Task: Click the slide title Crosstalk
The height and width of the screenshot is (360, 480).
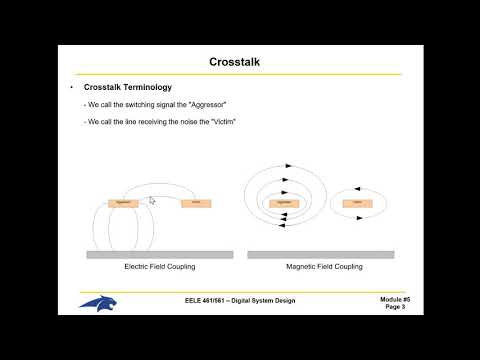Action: pyautogui.click(x=239, y=62)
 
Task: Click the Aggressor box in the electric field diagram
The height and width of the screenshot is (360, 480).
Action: pyautogui.click(x=123, y=202)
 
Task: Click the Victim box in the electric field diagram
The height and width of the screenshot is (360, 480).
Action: pyautogui.click(x=196, y=203)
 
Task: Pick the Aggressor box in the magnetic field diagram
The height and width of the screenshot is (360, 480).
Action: pyautogui.click(x=283, y=202)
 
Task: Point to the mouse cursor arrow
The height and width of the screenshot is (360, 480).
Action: pyautogui.click(x=152, y=200)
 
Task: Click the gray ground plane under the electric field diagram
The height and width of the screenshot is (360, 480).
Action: pyautogui.click(x=160, y=254)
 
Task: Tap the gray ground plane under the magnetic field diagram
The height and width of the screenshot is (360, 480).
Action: pyautogui.click(x=320, y=254)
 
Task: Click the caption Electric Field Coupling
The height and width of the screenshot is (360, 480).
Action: pyautogui.click(x=159, y=267)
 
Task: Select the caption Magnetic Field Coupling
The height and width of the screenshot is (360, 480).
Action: pyautogui.click(x=324, y=267)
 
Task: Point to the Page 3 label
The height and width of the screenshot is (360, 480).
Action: pyautogui.click(x=396, y=307)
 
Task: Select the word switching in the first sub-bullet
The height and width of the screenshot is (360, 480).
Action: pyautogui.click(x=130, y=105)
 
